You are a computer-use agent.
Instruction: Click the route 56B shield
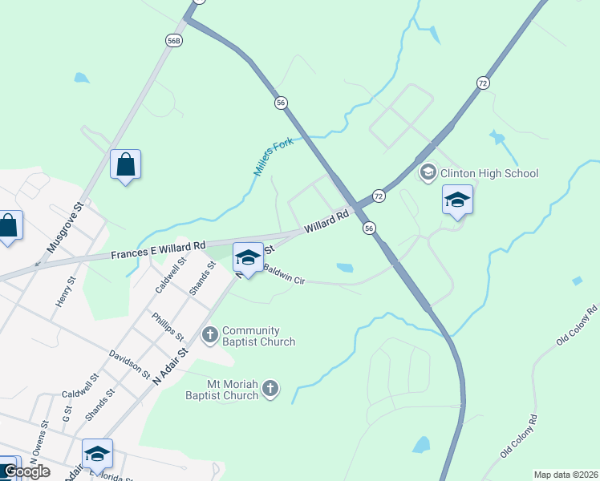[174, 40]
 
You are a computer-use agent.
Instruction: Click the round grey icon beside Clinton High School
[428, 172]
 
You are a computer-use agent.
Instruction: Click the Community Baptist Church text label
[258, 336]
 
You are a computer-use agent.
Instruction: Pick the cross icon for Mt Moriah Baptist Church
[270, 389]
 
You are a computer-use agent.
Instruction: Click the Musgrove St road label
[66, 228]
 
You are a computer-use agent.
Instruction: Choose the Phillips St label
[168, 325]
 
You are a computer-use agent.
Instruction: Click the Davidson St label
[130, 362]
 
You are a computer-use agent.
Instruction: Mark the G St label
[67, 414]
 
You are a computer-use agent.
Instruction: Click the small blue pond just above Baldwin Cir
[344, 268]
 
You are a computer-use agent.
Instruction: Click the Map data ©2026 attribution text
[566, 475]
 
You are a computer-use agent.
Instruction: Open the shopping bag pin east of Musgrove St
[125, 165]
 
